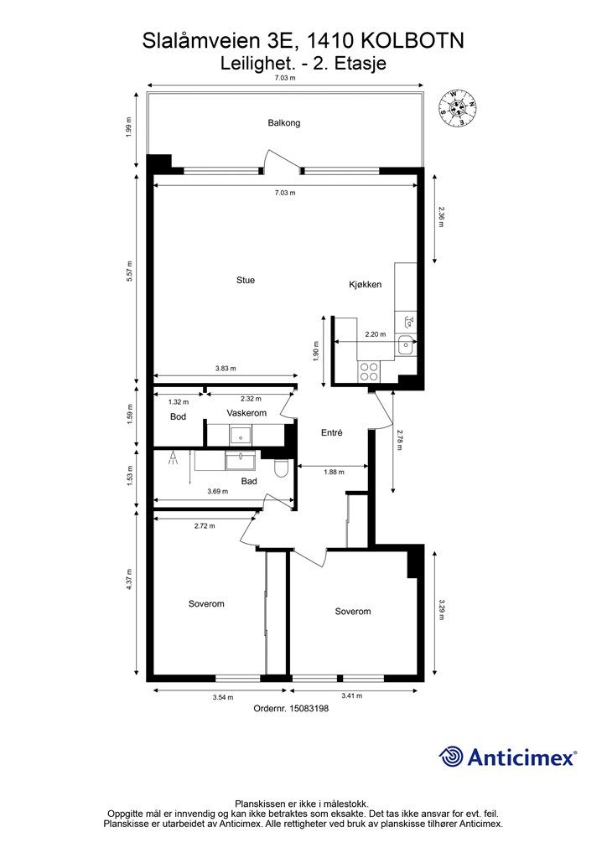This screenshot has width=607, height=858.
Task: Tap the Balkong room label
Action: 284,122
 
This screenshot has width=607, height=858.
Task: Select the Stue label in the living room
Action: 245,280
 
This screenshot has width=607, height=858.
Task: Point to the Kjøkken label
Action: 365,285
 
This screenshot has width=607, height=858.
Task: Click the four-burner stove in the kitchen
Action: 368,371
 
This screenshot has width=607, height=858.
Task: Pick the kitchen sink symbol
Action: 406,345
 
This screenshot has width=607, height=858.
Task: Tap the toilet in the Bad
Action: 280,467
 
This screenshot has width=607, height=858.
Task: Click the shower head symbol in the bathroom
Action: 173,458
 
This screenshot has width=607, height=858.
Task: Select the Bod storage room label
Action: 178,417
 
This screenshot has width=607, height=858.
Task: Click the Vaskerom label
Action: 246,413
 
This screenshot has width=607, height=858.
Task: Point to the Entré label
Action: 332,433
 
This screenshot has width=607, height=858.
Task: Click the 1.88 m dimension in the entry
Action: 334,472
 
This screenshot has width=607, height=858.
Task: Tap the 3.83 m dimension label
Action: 226,369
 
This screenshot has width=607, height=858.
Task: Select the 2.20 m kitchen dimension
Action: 376,334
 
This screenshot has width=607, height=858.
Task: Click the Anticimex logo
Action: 507,757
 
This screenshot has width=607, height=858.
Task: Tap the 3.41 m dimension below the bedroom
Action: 352,696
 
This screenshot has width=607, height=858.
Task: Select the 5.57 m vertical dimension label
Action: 130,272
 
